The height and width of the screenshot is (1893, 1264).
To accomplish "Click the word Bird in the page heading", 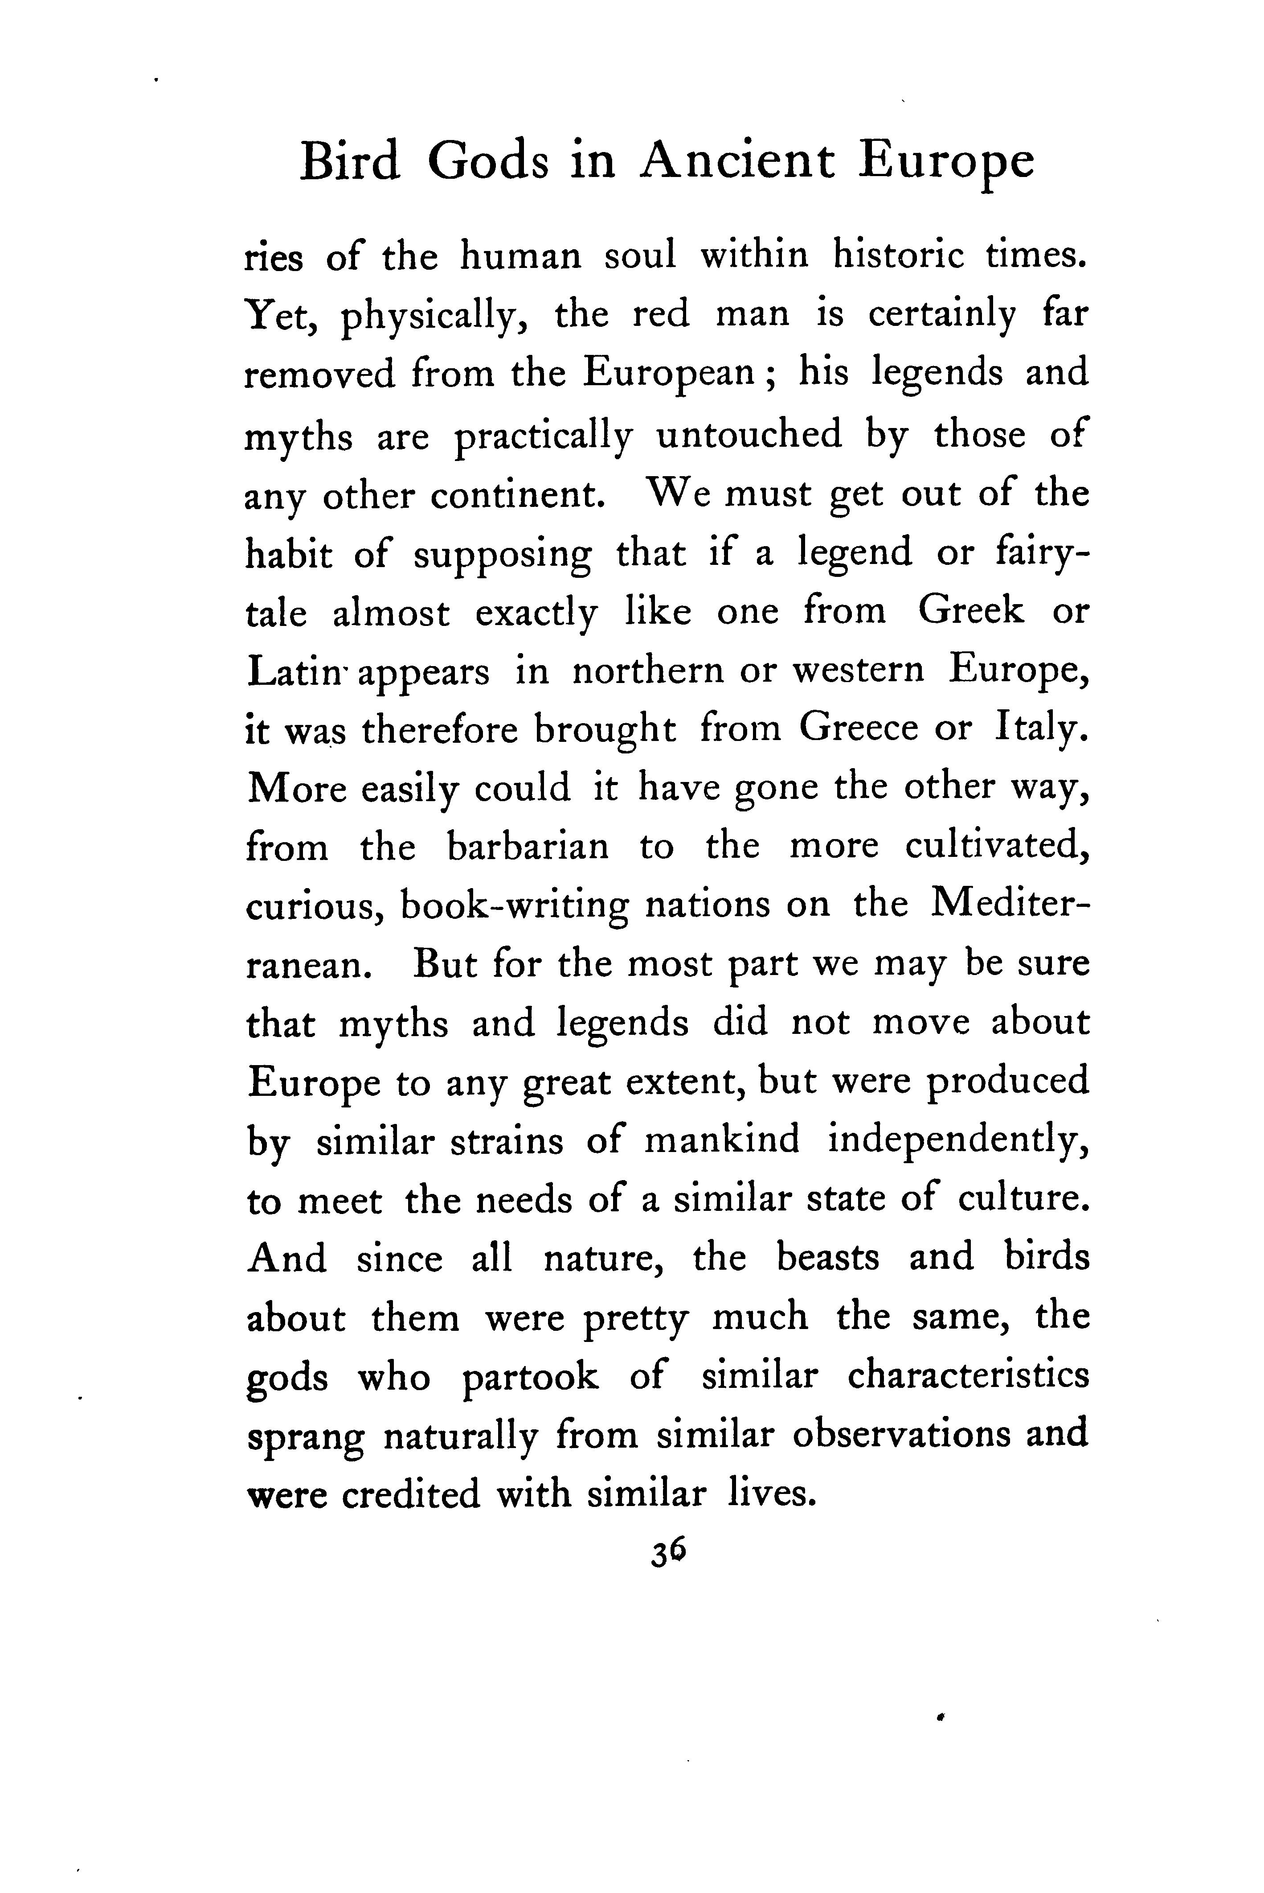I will [349, 161].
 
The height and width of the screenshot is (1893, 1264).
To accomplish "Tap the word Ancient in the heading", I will [737, 161].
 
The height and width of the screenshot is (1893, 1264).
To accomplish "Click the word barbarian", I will [528, 847].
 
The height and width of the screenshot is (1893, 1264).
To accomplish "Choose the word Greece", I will [859, 730].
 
